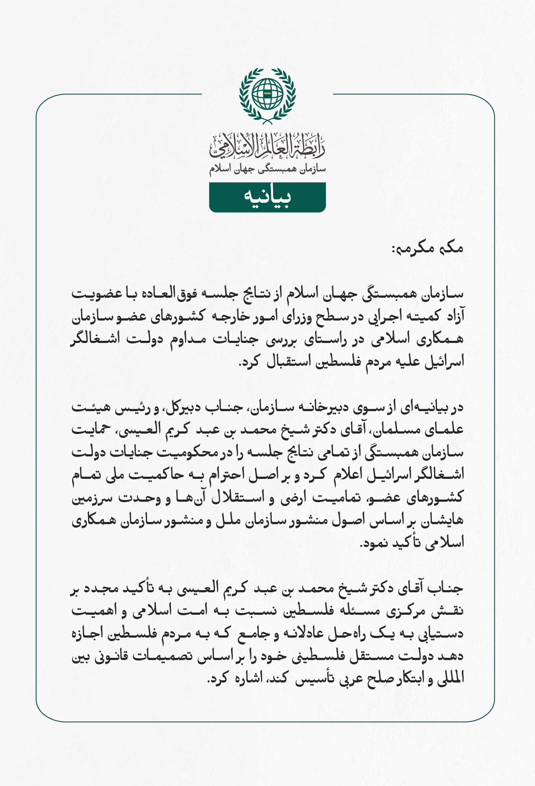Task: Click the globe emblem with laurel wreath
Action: click(x=267, y=94)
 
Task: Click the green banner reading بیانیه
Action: click(x=267, y=197)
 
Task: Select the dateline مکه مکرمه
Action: click(x=428, y=248)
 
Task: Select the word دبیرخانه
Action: click(x=324, y=407)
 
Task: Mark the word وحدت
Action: click(x=134, y=498)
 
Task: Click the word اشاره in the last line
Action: click(x=246, y=679)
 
